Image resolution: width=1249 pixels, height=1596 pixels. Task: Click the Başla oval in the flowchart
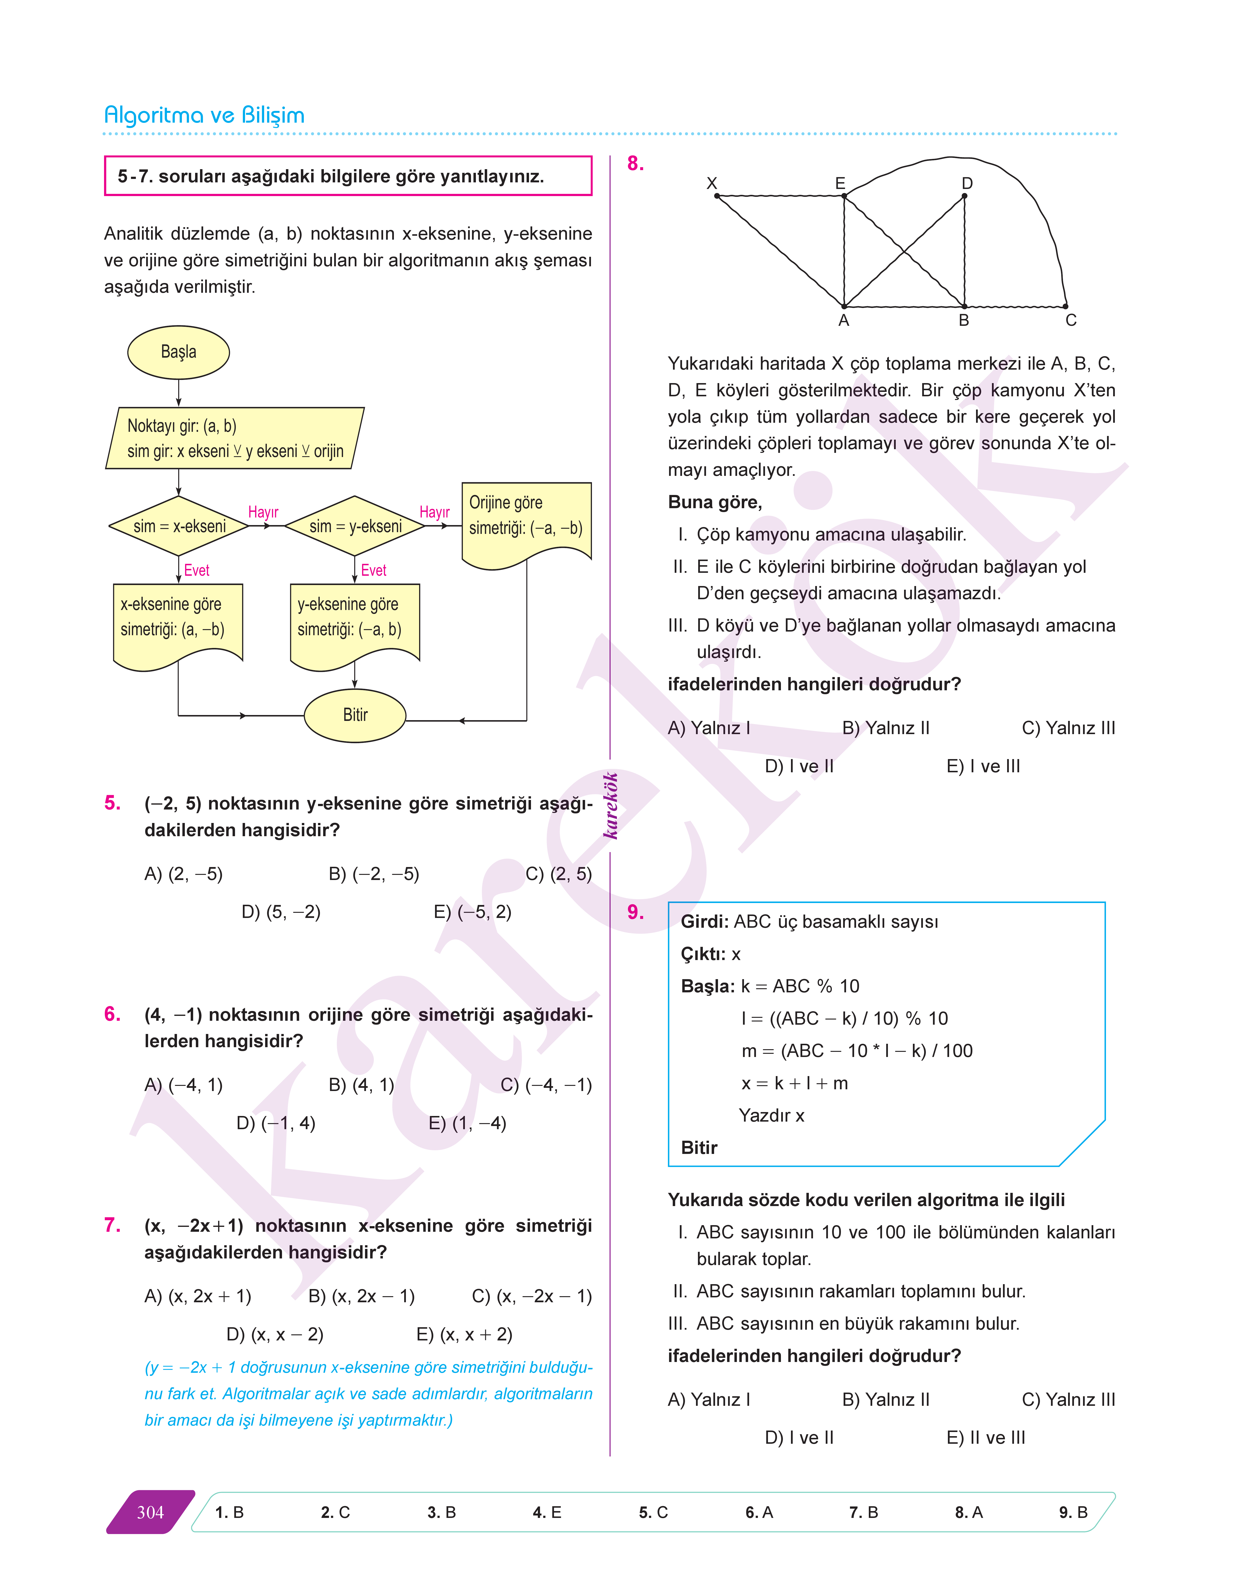(178, 352)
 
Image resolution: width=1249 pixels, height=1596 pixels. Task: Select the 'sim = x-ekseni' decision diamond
(179, 526)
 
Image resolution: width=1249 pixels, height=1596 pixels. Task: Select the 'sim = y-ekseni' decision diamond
(355, 526)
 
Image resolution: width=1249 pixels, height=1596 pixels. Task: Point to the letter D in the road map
(967, 184)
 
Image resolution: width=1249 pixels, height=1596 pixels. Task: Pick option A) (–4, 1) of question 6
(184, 1085)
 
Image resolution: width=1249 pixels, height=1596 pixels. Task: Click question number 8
(636, 164)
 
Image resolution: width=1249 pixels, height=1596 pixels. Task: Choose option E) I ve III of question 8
(983, 766)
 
